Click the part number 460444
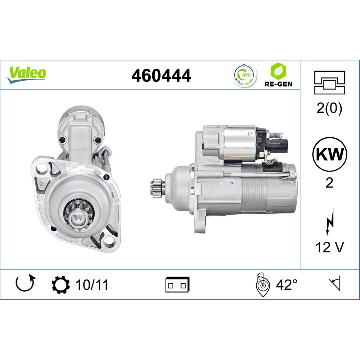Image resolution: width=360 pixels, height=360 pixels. [x=161, y=75]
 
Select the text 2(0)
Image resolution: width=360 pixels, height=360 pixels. [x=329, y=109]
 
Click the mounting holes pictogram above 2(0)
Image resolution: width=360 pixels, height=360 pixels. [x=329, y=82]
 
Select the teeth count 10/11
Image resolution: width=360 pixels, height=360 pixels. [x=92, y=285]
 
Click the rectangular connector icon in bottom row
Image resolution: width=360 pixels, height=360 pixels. [x=177, y=285]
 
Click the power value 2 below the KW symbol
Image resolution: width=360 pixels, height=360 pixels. [x=329, y=183]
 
